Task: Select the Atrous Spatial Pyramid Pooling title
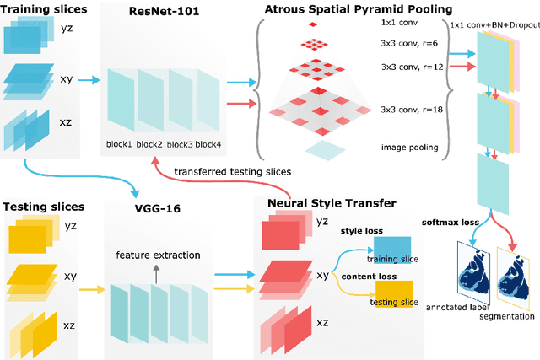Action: click(x=359, y=10)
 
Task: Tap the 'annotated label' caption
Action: click(x=456, y=307)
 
